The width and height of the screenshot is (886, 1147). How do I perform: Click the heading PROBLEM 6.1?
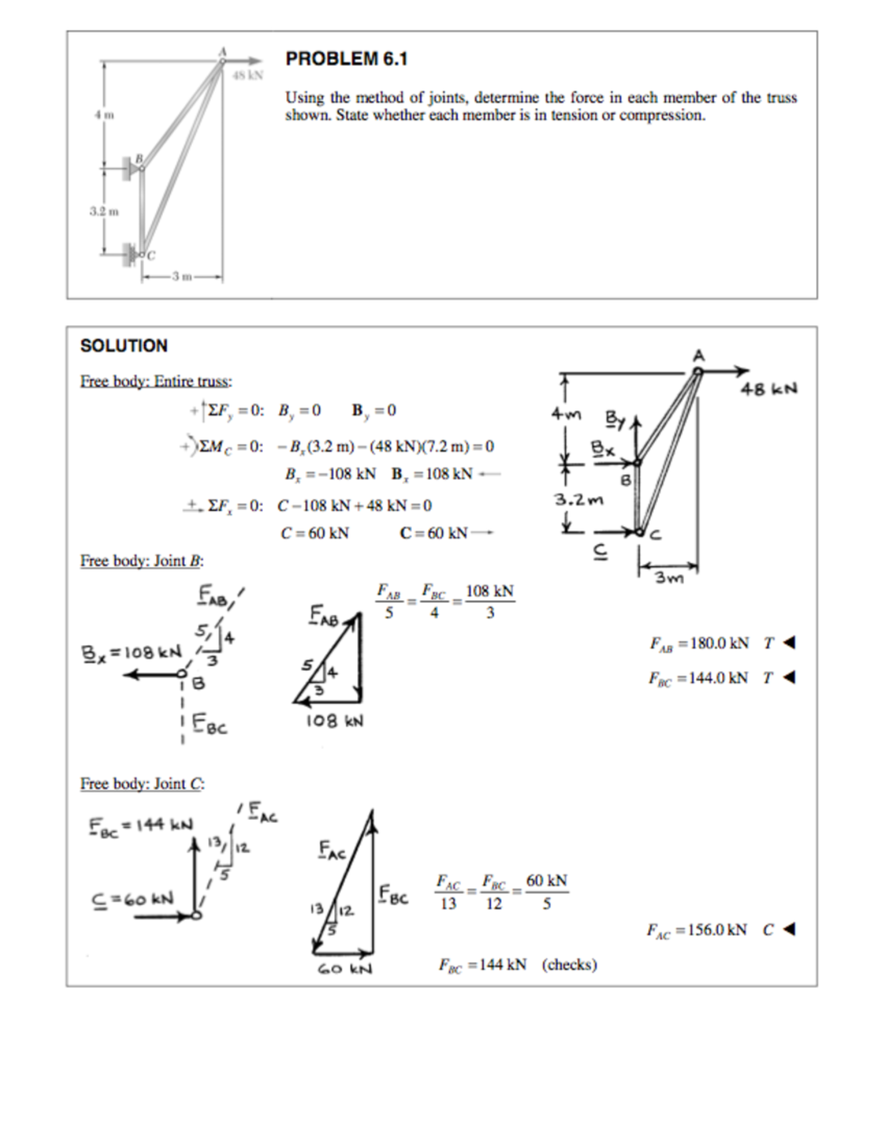pyautogui.click(x=346, y=59)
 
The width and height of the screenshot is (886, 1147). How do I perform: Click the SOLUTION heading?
pyautogui.click(x=124, y=346)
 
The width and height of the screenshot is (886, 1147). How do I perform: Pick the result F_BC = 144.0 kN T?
pyautogui.click(x=708, y=678)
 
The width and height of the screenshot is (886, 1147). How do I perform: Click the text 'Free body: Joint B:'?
pyautogui.click(x=142, y=561)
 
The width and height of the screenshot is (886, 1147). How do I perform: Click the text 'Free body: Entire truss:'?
pyautogui.click(x=156, y=381)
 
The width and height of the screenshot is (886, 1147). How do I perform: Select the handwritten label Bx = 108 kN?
pyautogui.click(x=131, y=653)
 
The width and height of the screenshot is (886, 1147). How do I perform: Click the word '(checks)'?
pyautogui.click(x=569, y=965)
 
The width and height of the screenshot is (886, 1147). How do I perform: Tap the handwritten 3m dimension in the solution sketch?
pyautogui.click(x=670, y=578)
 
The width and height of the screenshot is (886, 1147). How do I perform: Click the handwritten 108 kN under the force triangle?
pyautogui.click(x=334, y=721)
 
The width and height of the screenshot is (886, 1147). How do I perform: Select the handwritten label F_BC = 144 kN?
pyautogui.click(x=141, y=824)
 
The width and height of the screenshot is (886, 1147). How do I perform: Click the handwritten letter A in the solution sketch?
pyautogui.click(x=698, y=356)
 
